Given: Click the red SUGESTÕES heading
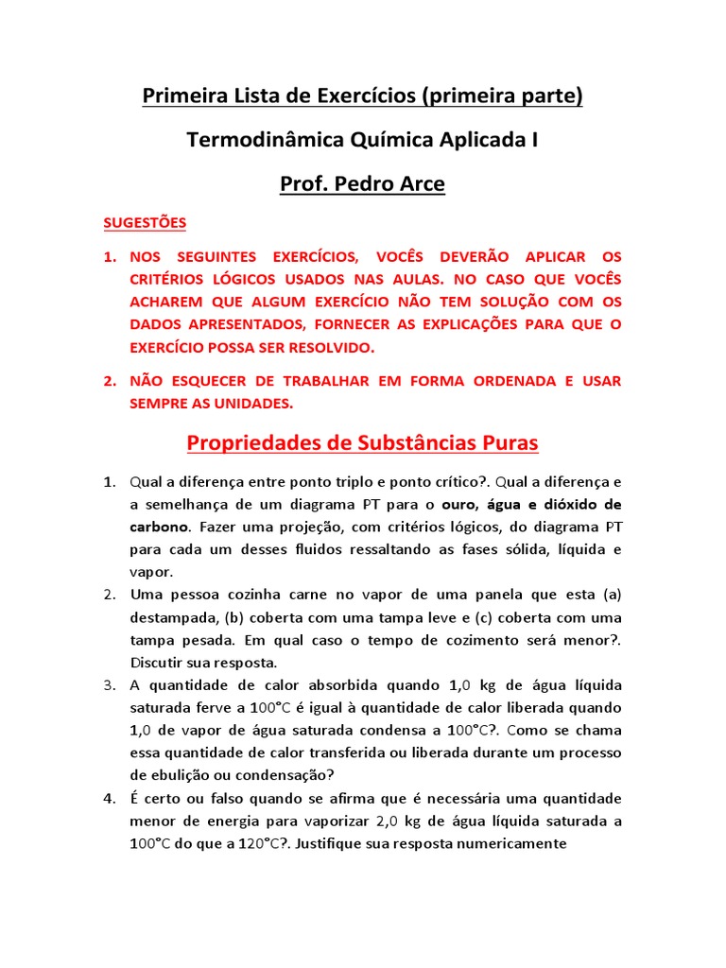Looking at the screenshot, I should [x=145, y=223].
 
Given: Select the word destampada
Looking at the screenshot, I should [x=173, y=617].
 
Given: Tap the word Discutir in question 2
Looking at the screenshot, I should [x=157, y=663].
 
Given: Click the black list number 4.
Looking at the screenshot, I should [x=110, y=799].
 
